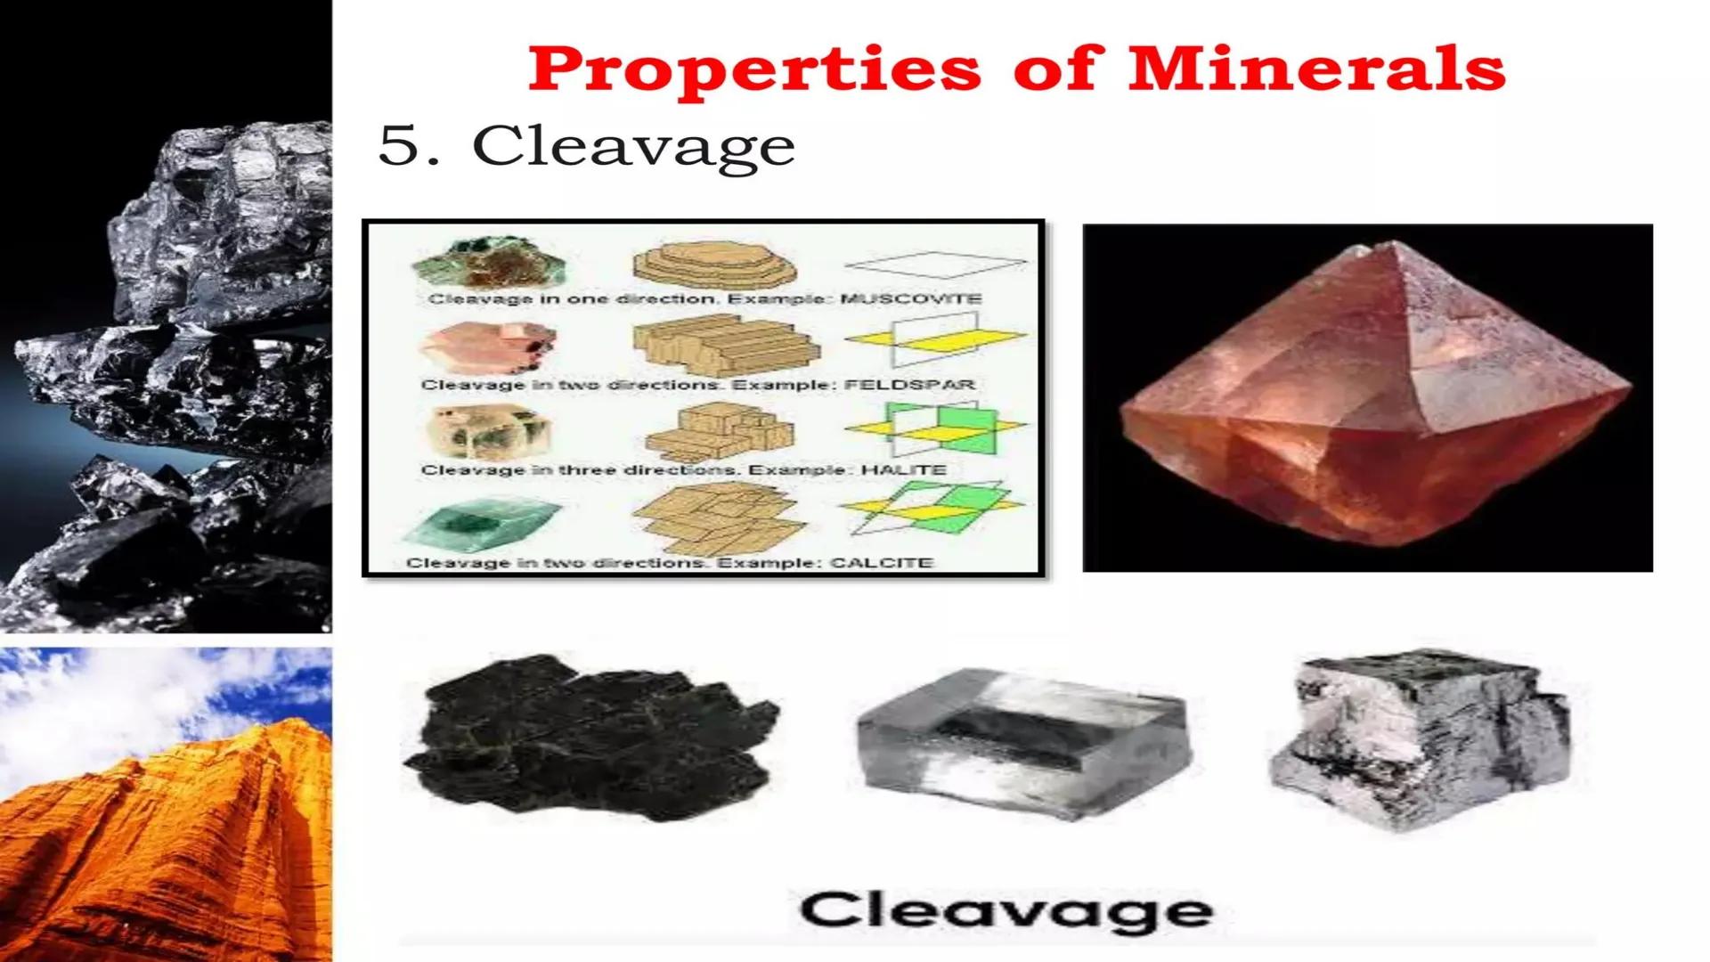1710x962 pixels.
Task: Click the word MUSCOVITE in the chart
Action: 910,298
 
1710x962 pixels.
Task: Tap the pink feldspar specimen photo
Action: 488,347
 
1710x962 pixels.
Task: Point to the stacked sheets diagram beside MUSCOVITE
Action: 714,266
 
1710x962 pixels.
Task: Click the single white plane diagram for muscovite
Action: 934,264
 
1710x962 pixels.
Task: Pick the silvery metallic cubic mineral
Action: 1420,739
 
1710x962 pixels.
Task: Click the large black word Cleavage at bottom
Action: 1006,910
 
